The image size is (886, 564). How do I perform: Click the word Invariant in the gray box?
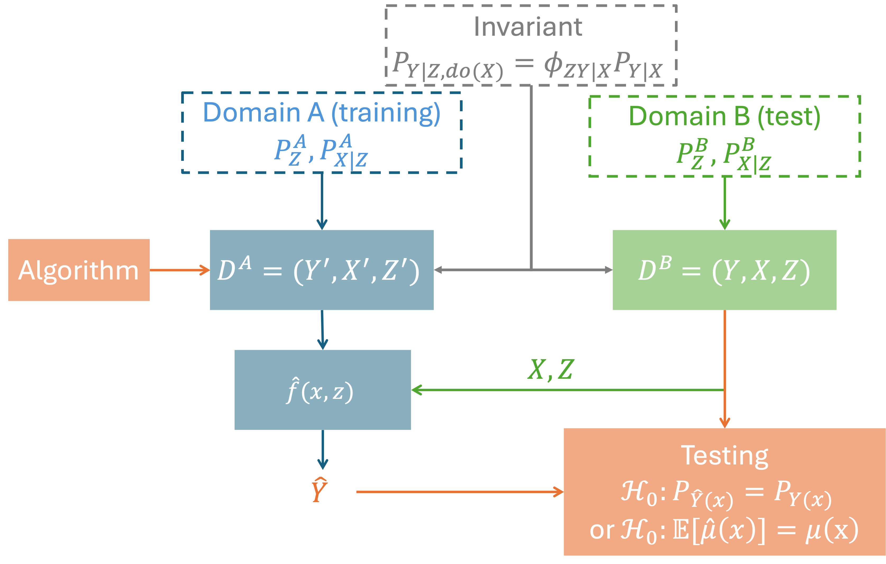pos(528,27)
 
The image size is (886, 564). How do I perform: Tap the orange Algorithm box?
pos(79,270)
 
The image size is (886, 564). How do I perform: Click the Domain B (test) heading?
pos(724,116)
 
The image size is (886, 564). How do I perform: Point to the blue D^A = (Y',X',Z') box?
pos(322,270)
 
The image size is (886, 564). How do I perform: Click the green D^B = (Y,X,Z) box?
pos(724,270)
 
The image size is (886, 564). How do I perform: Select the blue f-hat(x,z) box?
pos(322,390)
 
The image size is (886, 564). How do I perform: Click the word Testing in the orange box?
pos(724,456)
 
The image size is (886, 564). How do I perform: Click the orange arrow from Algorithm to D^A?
pos(180,270)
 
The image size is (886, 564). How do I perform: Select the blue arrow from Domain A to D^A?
pos(322,201)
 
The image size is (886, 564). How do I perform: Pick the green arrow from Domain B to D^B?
pos(724,202)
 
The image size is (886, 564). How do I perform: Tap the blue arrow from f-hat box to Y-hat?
pos(323,449)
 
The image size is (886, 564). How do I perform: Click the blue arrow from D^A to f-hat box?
pos(322,330)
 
